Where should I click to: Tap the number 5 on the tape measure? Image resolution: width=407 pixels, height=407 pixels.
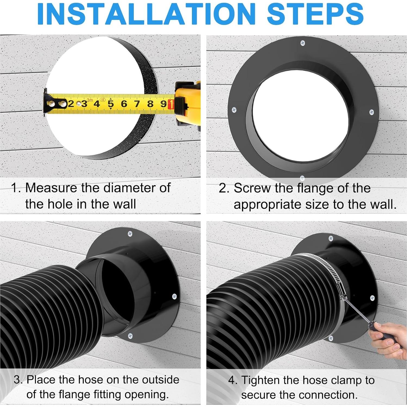click(110, 104)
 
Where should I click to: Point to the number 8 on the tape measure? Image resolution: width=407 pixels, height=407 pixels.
click(150, 104)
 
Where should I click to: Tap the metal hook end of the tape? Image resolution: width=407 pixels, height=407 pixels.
click(48, 103)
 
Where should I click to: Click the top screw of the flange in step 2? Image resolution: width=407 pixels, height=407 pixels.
click(302, 43)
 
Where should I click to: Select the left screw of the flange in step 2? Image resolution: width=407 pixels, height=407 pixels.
click(234, 110)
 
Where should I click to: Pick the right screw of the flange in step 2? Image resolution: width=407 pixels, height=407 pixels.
click(372, 112)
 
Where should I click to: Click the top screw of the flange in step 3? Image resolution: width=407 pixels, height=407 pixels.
click(130, 234)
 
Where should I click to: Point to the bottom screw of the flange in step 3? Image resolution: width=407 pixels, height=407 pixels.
click(130, 336)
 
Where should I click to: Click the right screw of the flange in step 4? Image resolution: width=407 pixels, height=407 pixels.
click(372, 298)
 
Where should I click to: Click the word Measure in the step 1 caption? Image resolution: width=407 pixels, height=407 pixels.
click(51, 188)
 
